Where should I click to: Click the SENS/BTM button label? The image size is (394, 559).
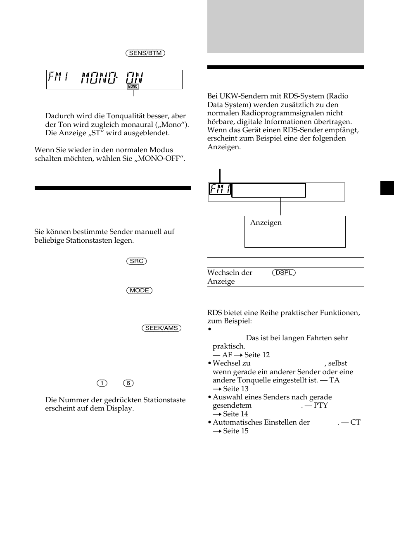[x=145, y=53]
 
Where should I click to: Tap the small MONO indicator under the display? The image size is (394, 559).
[x=133, y=86]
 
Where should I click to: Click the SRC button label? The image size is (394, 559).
[x=137, y=261]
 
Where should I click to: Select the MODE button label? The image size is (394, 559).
[x=139, y=291]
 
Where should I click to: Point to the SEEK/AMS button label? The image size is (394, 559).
[x=161, y=328]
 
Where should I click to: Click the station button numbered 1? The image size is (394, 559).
[x=102, y=383]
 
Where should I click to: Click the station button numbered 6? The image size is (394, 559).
[x=128, y=383]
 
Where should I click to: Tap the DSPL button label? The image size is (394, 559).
[x=284, y=273]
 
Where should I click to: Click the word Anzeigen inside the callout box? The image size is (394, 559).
[x=266, y=222]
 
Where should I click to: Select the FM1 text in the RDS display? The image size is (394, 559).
[x=220, y=189]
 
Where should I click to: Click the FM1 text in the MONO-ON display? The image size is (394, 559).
[x=59, y=77]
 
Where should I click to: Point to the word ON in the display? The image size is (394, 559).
[x=135, y=77]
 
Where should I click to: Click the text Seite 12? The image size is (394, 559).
[x=257, y=355]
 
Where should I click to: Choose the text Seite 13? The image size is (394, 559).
[x=236, y=389]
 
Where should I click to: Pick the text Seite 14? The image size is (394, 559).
[x=236, y=414]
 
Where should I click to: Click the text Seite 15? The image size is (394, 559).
[x=236, y=431]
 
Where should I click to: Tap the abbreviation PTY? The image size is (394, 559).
[x=320, y=405]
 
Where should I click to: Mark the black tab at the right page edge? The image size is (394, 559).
[x=387, y=188]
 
